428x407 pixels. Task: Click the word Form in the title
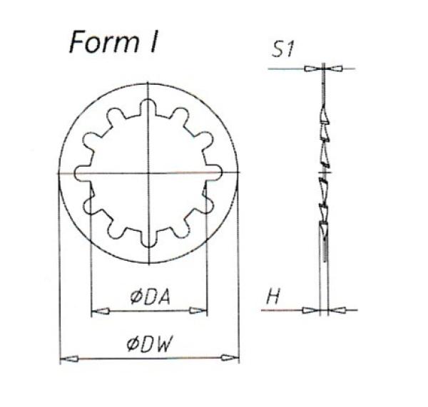[103, 42]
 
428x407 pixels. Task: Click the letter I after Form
[153, 42]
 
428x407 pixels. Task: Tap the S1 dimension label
[282, 50]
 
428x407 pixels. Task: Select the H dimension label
[273, 297]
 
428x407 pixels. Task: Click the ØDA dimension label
[150, 297]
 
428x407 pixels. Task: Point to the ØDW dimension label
[150, 344]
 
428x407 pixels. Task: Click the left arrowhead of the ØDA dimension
[100, 311]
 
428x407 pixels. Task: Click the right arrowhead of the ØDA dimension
[198, 311]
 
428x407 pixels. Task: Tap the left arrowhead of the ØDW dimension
[69, 359]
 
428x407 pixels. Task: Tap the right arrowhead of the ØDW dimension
[230, 358]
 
